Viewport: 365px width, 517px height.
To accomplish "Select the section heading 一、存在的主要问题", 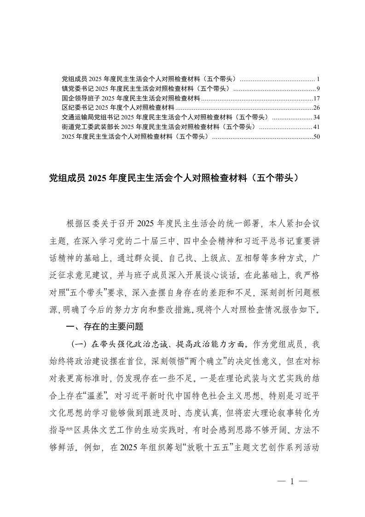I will pyautogui.click(x=105, y=327).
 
